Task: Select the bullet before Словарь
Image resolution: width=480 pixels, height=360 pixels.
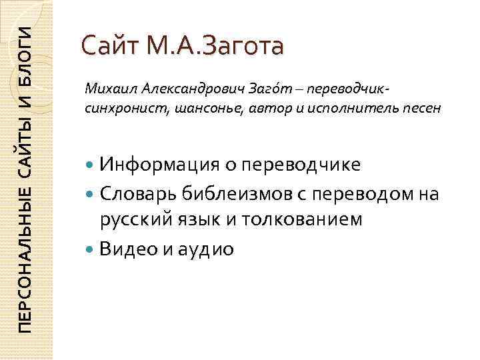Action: (91, 194)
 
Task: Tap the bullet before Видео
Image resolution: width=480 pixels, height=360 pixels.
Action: (91, 249)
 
